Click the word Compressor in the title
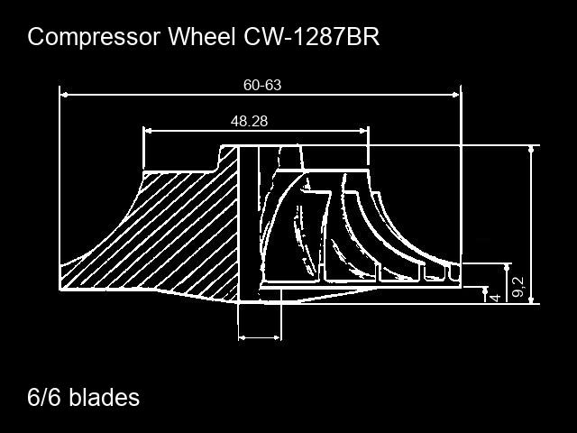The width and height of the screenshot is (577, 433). point(94,37)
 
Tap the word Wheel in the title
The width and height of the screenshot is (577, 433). point(202,36)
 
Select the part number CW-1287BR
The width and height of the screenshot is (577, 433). point(311,36)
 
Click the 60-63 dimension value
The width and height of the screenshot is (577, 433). point(262,85)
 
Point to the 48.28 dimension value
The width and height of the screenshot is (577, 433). point(249,121)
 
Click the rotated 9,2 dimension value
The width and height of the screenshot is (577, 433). point(518,287)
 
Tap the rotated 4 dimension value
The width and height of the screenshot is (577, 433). point(496,297)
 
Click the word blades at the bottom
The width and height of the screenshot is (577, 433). point(105,397)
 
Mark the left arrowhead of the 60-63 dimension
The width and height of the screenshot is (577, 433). point(64,95)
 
